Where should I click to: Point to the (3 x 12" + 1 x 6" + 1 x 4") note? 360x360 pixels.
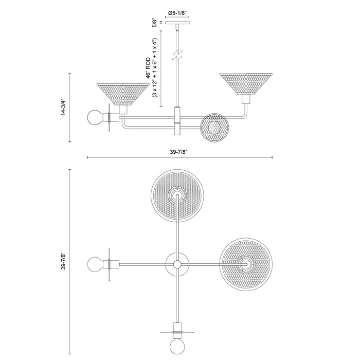[155, 67]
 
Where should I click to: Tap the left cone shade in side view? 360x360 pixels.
[121, 93]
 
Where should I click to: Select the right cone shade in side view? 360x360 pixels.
[246, 83]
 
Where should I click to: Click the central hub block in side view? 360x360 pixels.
[178, 120]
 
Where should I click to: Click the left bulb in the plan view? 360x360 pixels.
[96, 264]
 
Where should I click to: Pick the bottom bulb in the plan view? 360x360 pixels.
[178, 345]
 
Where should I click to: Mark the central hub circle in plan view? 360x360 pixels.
[178, 264]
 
